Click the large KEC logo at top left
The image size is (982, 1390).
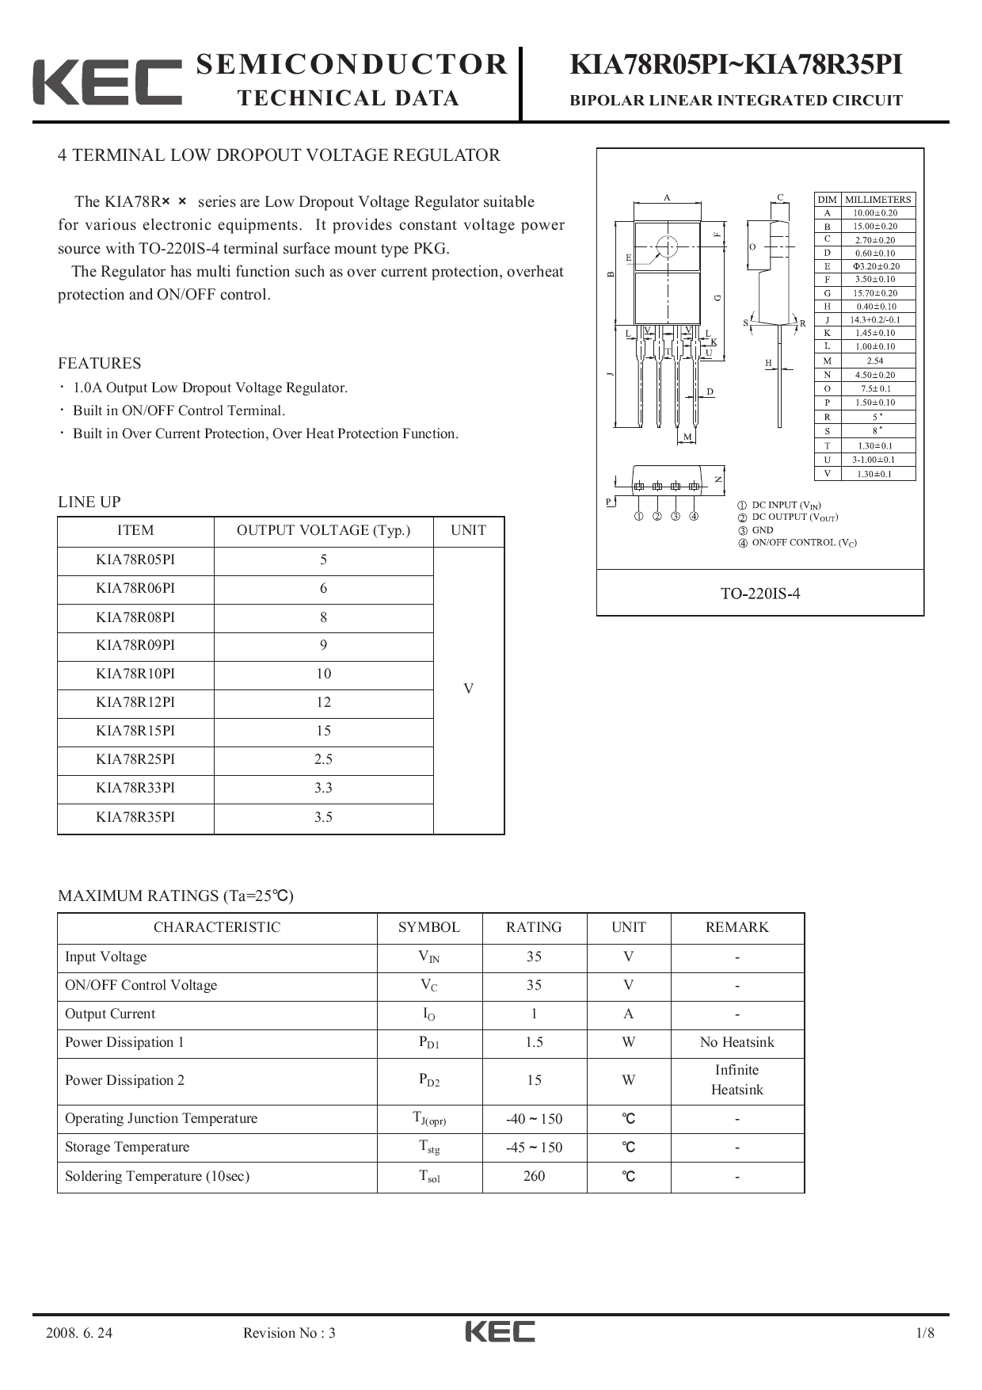[x=107, y=82]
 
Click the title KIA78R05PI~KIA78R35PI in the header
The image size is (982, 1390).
[x=736, y=65]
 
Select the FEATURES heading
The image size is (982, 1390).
[x=99, y=364]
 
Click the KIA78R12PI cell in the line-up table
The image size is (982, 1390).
[x=135, y=702]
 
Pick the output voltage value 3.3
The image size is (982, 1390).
[x=323, y=788]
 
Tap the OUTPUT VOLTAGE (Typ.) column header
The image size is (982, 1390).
[x=323, y=530]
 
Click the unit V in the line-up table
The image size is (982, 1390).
[x=468, y=689]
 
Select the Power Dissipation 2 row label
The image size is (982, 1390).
[x=124, y=1080]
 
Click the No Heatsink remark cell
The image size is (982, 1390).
[x=736, y=1042]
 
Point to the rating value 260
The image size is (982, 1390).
[x=534, y=1176]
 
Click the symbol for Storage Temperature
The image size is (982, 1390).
[x=429, y=1148]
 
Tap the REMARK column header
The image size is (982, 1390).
[x=736, y=927]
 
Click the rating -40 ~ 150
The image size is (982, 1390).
[x=534, y=1119]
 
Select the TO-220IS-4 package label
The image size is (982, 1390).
[x=759, y=594]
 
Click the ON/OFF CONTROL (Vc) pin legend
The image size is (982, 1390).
[x=803, y=543]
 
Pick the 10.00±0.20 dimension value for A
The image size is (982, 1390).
[x=875, y=212]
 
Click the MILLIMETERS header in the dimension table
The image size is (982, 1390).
[x=877, y=200]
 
